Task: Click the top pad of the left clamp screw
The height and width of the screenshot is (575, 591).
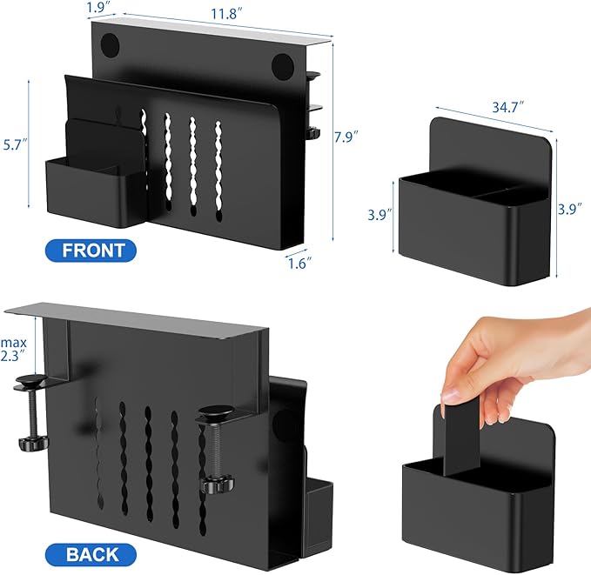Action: (x=30, y=381)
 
